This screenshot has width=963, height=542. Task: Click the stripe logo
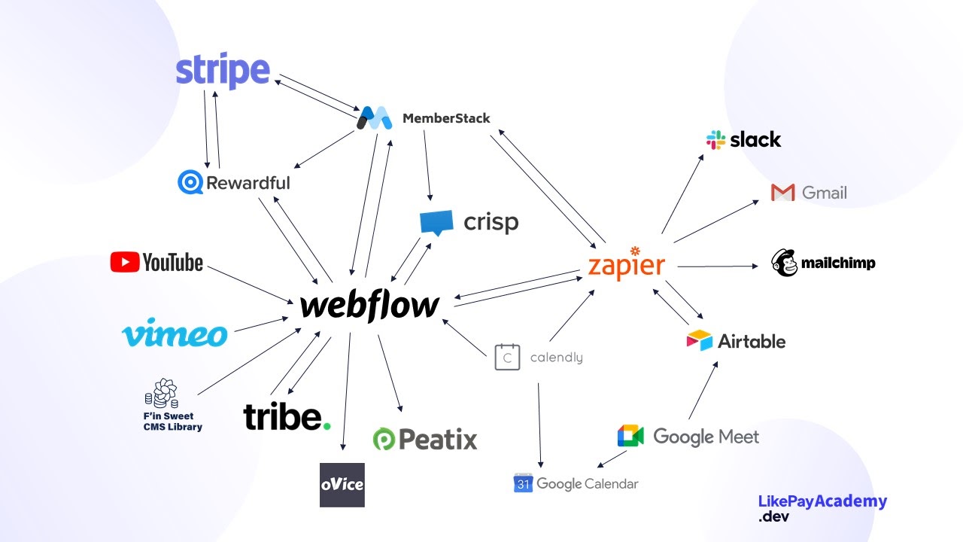point(223,72)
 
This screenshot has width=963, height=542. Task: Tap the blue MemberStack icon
point(375,118)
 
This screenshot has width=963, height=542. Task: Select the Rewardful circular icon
point(190,182)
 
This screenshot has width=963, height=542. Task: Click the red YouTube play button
point(124,262)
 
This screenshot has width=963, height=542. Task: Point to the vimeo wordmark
point(175,333)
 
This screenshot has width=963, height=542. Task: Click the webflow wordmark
point(369,306)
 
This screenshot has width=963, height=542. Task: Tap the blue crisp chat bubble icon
point(436,223)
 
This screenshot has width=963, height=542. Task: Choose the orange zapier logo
point(627,264)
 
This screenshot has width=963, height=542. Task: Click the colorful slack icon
point(715,140)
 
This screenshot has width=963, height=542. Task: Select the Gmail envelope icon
point(783,193)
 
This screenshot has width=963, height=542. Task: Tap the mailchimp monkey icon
point(784,263)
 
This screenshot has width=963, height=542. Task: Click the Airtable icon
point(699,341)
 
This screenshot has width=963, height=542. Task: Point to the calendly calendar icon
point(507,357)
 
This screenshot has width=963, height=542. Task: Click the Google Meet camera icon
point(630,437)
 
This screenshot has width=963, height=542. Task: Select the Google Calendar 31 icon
point(523,483)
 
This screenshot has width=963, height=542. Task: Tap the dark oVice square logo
point(342,485)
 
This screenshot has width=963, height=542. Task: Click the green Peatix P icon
point(384,440)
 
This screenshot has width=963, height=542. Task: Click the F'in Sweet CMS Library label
point(173,422)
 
